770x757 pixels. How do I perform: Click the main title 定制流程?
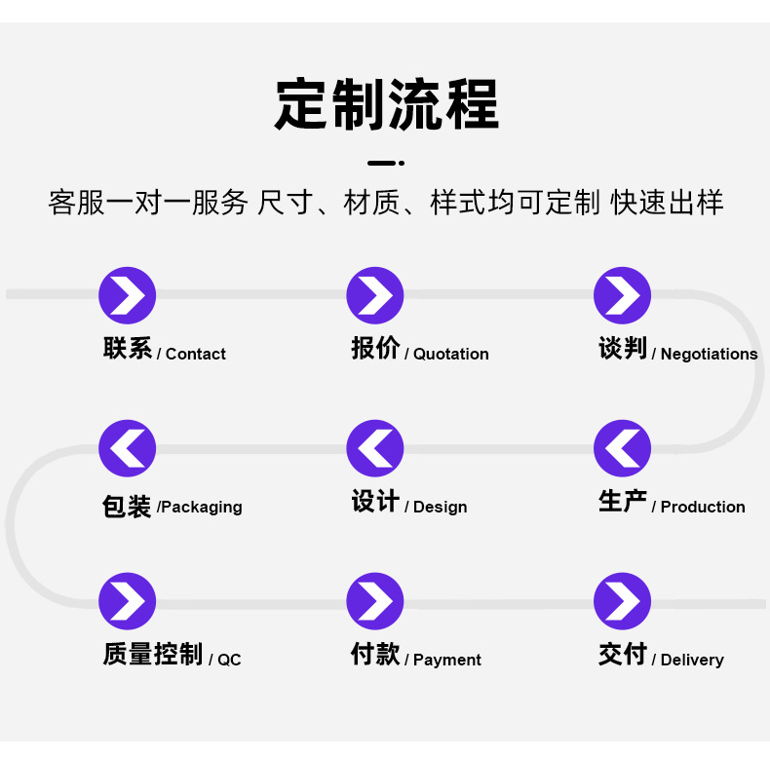click(x=386, y=104)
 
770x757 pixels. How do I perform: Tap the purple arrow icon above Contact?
click(x=128, y=295)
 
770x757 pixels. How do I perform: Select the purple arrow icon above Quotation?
click(x=375, y=295)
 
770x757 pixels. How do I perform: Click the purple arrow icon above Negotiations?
click(x=623, y=295)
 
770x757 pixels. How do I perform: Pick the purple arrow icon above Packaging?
click(x=128, y=448)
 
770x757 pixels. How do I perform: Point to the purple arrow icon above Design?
click(x=375, y=448)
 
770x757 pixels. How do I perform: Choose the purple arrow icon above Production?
click(x=623, y=448)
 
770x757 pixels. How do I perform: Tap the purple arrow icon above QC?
click(x=128, y=601)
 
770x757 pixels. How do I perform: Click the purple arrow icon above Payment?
click(x=375, y=601)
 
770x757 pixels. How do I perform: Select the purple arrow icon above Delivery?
click(x=623, y=601)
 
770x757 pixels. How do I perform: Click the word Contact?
click(x=196, y=355)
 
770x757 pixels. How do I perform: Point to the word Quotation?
click(x=451, y=355)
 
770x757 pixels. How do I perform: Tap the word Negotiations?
click(x=709, y=355)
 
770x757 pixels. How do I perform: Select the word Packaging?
click(x=204, y=508)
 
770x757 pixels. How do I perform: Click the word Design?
click(x=441, y=508)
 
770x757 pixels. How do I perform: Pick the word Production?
click(x=703, y=508)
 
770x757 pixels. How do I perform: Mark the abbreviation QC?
click(x=229, y=661)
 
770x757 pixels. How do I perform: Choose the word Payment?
click(x=447, y=661)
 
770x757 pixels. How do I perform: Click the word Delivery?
click(x=692, y=661)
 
